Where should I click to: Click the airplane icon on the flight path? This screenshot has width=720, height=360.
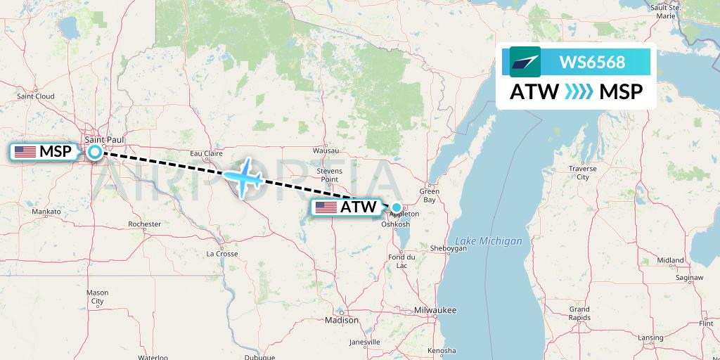243,178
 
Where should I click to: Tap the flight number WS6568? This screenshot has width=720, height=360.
592,62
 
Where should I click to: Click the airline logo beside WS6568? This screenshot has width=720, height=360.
525,62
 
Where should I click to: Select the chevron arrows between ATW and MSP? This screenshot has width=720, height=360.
579,91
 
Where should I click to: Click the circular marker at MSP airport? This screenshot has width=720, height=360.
94,151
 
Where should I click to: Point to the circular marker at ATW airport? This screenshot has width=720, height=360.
397,207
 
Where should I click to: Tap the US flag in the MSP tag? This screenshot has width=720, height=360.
25,151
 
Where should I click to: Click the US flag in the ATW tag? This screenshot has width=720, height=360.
326,207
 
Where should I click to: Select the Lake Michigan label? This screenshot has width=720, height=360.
488,241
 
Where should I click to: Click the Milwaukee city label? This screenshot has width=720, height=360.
435,310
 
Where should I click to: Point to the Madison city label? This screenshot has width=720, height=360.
342,320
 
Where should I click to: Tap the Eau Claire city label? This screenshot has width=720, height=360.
207,153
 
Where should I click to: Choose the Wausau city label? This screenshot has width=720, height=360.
326,150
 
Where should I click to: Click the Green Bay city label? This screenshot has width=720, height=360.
429,195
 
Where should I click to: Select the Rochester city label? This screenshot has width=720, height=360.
144,224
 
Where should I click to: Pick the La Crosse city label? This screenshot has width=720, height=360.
221,253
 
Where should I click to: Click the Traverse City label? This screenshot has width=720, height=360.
583,173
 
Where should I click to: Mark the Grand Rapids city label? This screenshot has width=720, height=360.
580,314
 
